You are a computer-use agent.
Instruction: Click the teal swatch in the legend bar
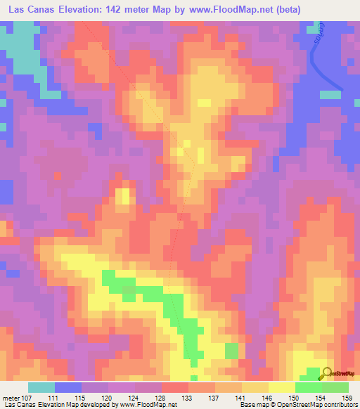[x=41, y=387]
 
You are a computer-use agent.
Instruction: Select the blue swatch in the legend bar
[x=68, y=387]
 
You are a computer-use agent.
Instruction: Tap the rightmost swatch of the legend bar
[x=335, y=387]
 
